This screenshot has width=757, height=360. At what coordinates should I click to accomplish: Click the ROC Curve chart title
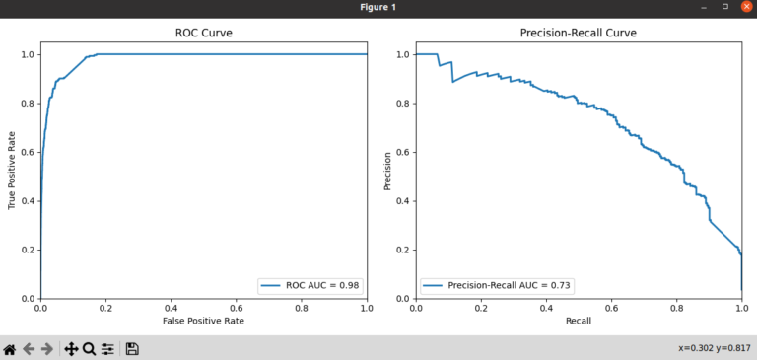coord(203,34)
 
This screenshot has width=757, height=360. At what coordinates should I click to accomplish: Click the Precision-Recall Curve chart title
coord(578,34)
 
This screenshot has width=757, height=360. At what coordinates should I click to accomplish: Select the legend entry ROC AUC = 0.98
coord(322,285)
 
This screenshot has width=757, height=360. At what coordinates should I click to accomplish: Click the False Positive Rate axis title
coord(203,321)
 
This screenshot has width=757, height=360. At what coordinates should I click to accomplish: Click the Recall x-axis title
coord(578,321)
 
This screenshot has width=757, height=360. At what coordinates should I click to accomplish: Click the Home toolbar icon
coord(9,348)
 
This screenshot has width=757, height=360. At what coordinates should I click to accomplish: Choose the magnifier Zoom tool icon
coord(89,348)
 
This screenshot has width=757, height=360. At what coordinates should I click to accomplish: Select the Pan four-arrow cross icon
coord(70,348)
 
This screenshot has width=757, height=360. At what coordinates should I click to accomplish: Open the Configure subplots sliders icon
coord(107,348)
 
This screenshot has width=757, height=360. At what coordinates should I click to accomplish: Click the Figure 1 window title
coord(378,7)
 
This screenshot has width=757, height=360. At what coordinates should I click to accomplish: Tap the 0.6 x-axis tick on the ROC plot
coord(236,308)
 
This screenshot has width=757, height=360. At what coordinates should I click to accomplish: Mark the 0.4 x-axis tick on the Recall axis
coord(545,308)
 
